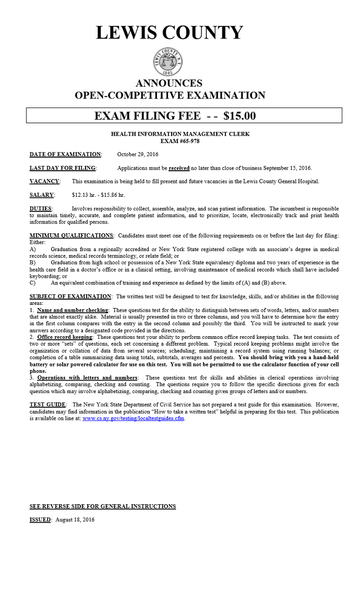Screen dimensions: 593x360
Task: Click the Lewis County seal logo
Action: click(x=168, y=62)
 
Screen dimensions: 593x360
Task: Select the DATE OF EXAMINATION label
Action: click(x=65, y=155)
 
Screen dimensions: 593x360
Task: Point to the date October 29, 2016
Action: click(x=138, y=155)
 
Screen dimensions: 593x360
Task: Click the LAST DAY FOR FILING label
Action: click(x=63, y=168)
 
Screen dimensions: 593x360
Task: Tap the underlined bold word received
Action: click(x=179, y=168)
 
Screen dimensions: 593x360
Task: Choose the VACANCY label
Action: click(x=44, y=182)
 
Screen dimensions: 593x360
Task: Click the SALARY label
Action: click(x=42, y=195)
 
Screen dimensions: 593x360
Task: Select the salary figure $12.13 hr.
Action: click(x=84, y=195)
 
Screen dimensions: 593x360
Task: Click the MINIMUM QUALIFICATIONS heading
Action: click(x=71, y=236)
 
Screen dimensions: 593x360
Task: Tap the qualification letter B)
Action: click(x=33, y=263)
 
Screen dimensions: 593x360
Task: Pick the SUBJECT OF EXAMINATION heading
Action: click(x=70, y=296)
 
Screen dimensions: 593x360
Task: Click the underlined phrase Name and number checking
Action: click(x=73, y=310)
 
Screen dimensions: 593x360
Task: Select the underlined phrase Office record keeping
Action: click(x=65, y=337)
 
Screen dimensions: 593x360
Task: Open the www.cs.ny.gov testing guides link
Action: click(x=133, y=419)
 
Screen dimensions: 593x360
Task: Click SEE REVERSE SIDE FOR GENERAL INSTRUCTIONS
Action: click(x=102, y=506)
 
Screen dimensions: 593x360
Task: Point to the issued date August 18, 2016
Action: click(x=75, y=520)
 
